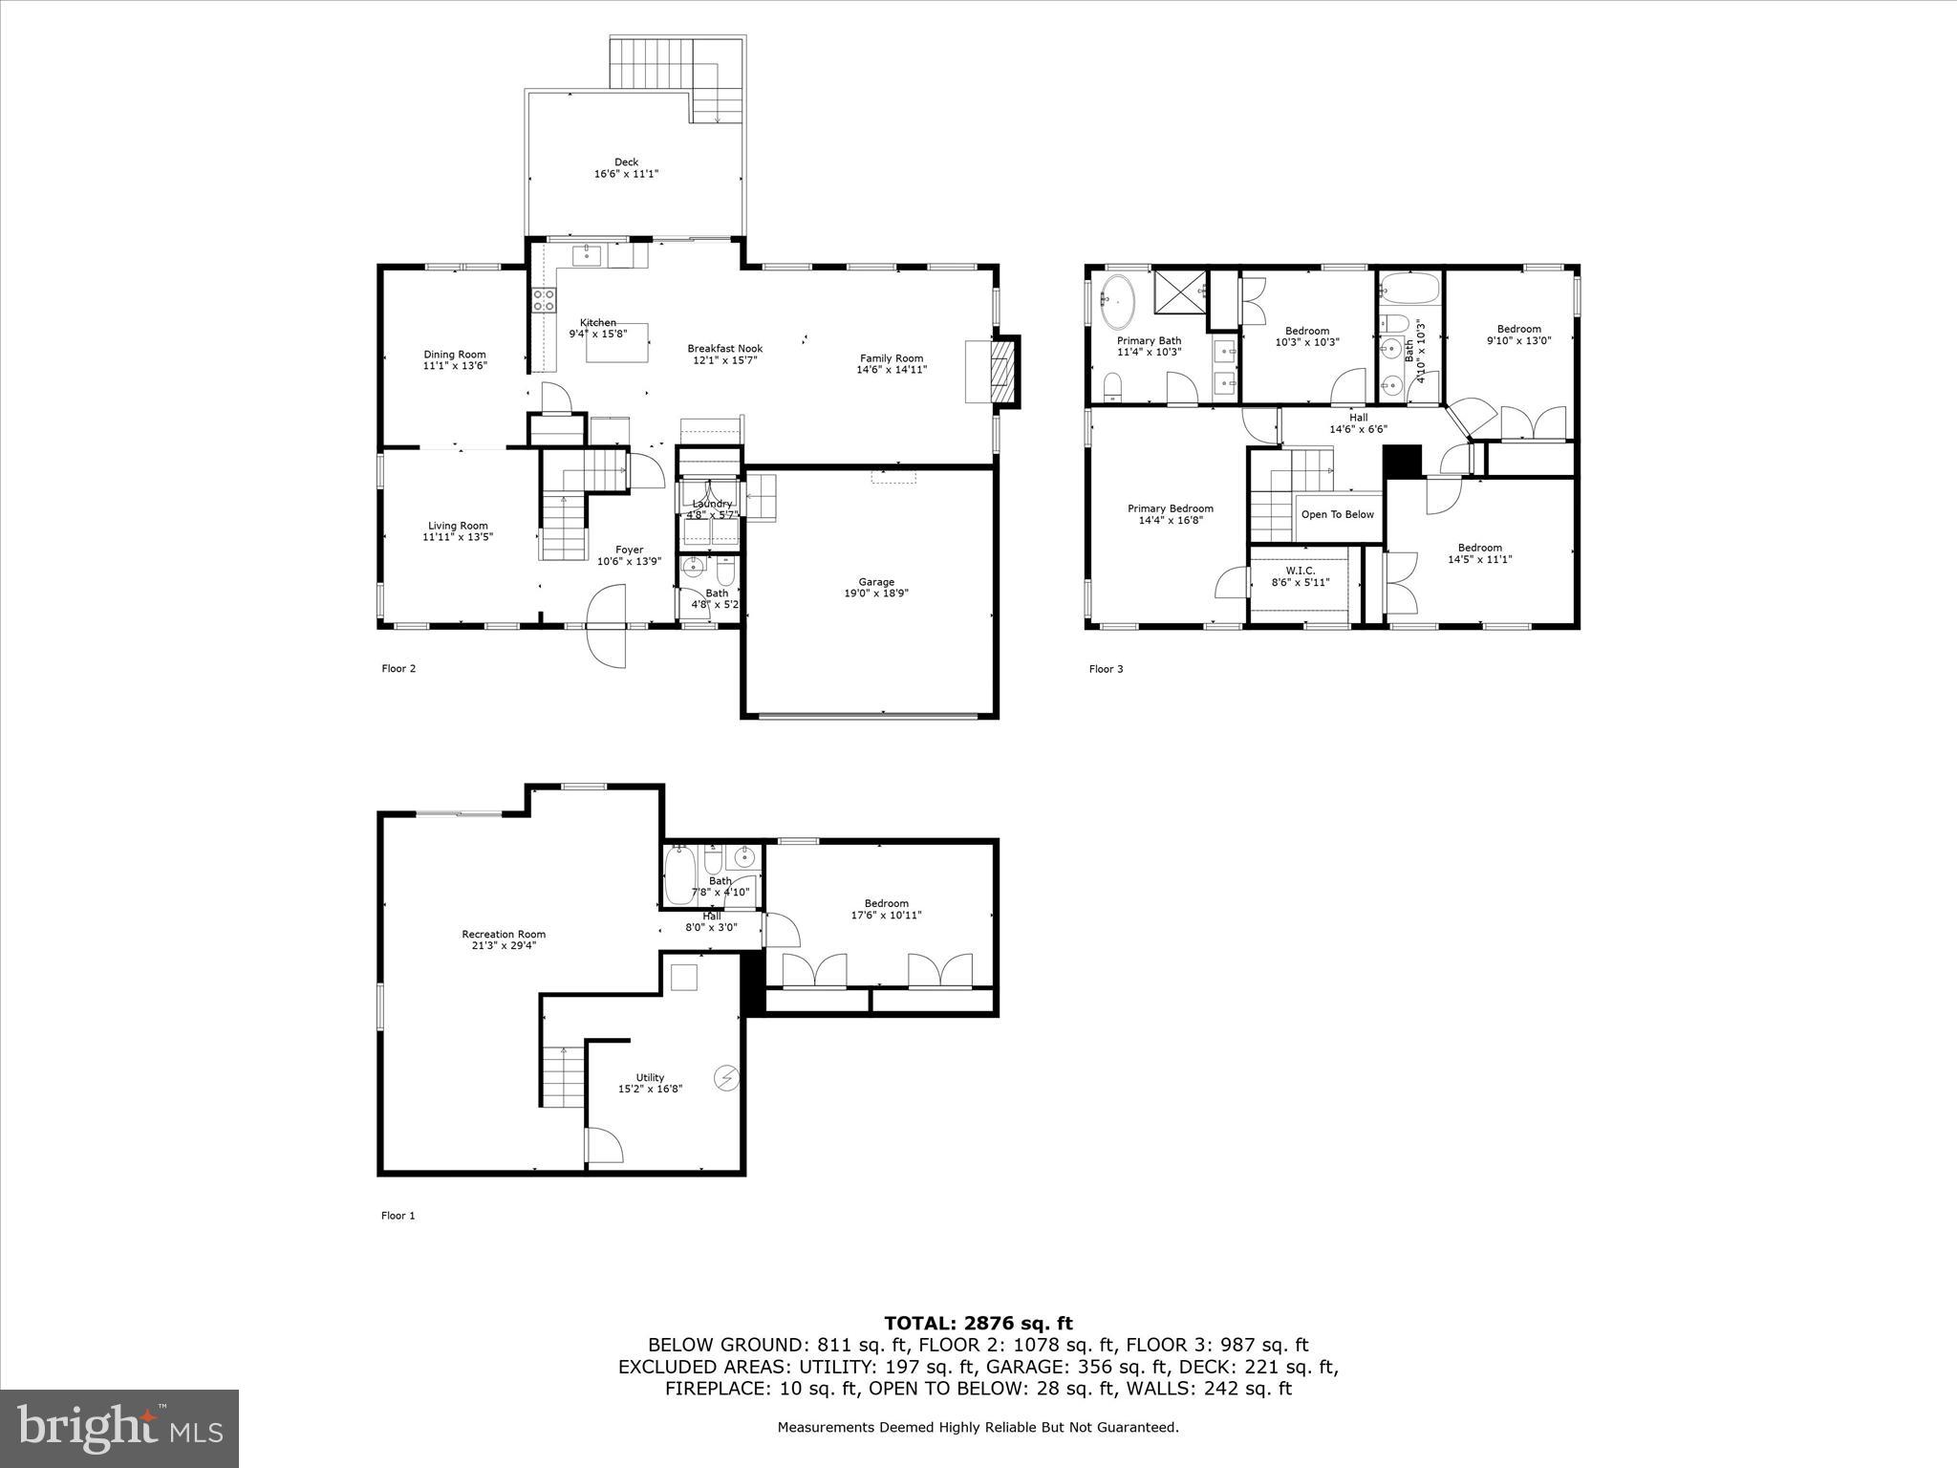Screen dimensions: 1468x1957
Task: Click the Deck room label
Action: pyautogui.click(x=626, y=162)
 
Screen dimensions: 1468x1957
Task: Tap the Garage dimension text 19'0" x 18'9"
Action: pyautogui.click(x=875, y=594)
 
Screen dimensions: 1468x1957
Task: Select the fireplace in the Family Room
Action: pyautogui.click(x=1001, y=371)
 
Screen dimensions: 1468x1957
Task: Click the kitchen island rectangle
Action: pyautogui.click(x=617, y=342)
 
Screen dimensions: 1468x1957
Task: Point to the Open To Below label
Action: pyautogui.click(x=1337, y=514)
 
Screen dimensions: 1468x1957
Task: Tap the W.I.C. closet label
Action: pyautogui.click(x=1300, y=571)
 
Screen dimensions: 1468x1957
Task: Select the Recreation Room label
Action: pyautogui.click(x=504, y=935)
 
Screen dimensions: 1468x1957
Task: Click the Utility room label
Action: pyautogui.click(x=650, y=1077)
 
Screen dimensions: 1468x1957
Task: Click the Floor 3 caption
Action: pyautogui.click(x=1106, y=669)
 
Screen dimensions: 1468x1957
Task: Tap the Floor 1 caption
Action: pyautogui.click(x=398, y=1216)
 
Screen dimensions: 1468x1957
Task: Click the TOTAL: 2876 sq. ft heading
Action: pyautogui.click(x=978, y=1324)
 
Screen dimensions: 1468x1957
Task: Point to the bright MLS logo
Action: pyautogui.click(x=119, y=1429)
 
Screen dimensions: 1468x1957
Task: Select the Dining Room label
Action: pyautogui.click(x=455, y=355)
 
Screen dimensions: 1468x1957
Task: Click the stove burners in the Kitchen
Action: pyautogui.click(x=544, y=301)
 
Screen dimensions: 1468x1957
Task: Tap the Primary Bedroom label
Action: pyautogui.click(x=1170, y=508)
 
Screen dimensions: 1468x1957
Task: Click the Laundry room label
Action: pyautogui.click(x=711, y=505)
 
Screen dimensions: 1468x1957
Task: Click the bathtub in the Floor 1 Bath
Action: pyautogui.click(x=681, y=874)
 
